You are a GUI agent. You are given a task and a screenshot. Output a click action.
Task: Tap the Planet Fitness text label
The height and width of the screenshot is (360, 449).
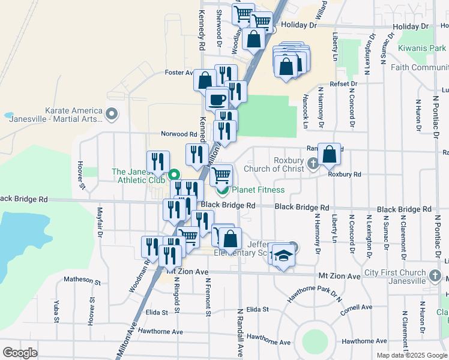[x=258, y=190]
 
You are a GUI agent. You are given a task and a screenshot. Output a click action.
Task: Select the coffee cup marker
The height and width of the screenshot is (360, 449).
[x=217, y=98]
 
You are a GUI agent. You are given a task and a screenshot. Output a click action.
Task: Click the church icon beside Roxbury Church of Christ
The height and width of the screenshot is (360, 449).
[x=313, y=163]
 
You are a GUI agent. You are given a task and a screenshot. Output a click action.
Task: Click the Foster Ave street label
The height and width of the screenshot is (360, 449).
[x=178, y=73]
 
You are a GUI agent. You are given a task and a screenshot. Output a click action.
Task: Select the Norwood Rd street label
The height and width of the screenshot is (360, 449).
[x=178, y=134]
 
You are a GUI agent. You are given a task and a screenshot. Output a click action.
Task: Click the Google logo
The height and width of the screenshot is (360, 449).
[x=20, y=353]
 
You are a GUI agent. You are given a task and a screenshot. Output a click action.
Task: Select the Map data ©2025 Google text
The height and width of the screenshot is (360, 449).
[x=411, y=355]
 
